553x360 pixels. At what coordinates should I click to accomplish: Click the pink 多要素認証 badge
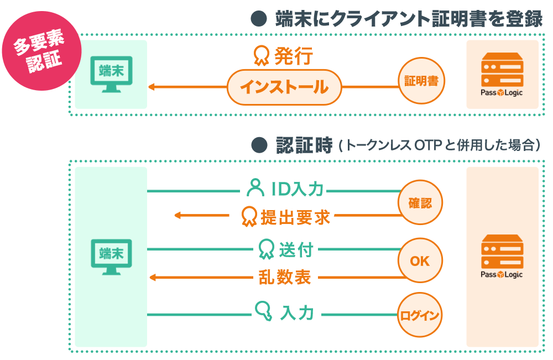point(41,51)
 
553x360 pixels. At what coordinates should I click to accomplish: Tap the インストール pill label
point(284,87)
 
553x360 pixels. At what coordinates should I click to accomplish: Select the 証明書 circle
point(421,81)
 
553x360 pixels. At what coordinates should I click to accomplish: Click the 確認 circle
point(420,202)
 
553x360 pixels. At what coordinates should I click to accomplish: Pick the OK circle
point(420,260)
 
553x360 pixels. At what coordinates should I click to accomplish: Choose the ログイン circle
point(420,315)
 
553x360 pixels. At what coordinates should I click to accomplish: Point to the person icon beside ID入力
point(255,187)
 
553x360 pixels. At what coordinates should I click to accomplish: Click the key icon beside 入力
point(263,311)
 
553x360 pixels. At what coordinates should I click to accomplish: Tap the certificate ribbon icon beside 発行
point(262,56)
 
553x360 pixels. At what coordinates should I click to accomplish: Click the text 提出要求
point(295,217)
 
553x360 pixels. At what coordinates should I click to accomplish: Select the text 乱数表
point(285,277)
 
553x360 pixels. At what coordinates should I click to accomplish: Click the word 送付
point(296,250)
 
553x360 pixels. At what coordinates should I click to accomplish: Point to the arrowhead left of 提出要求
point(178,215)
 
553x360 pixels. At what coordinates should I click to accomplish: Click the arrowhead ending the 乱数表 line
point(153,278)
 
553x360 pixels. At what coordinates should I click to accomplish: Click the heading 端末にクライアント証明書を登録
point(409,19)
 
